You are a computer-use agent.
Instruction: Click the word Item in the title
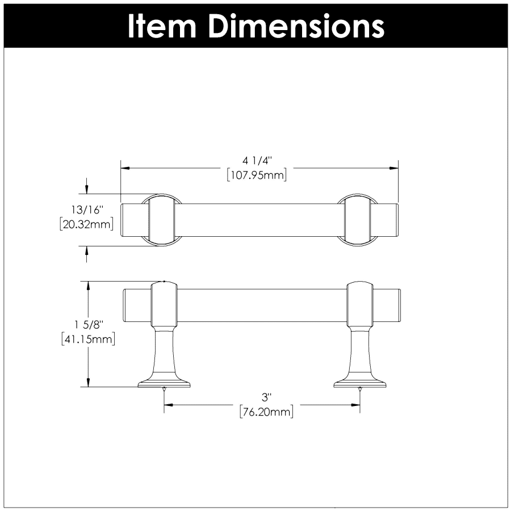coord(162,26)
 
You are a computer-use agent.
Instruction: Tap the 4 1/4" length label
coord(257,161)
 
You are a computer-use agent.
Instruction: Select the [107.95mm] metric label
coord(257,175)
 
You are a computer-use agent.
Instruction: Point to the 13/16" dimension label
coord(87,210)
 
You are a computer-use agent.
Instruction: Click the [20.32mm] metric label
coord(87,224)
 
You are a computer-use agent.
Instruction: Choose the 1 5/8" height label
coord(89,325)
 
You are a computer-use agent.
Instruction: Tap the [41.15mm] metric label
coord(89,340)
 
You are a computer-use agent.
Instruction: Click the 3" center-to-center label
coord(267,397)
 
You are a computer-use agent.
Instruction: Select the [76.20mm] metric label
coord(267,412)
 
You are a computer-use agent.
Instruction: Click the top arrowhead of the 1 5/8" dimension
coord(87,286)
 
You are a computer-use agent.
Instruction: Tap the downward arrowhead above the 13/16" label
coord(86,189)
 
